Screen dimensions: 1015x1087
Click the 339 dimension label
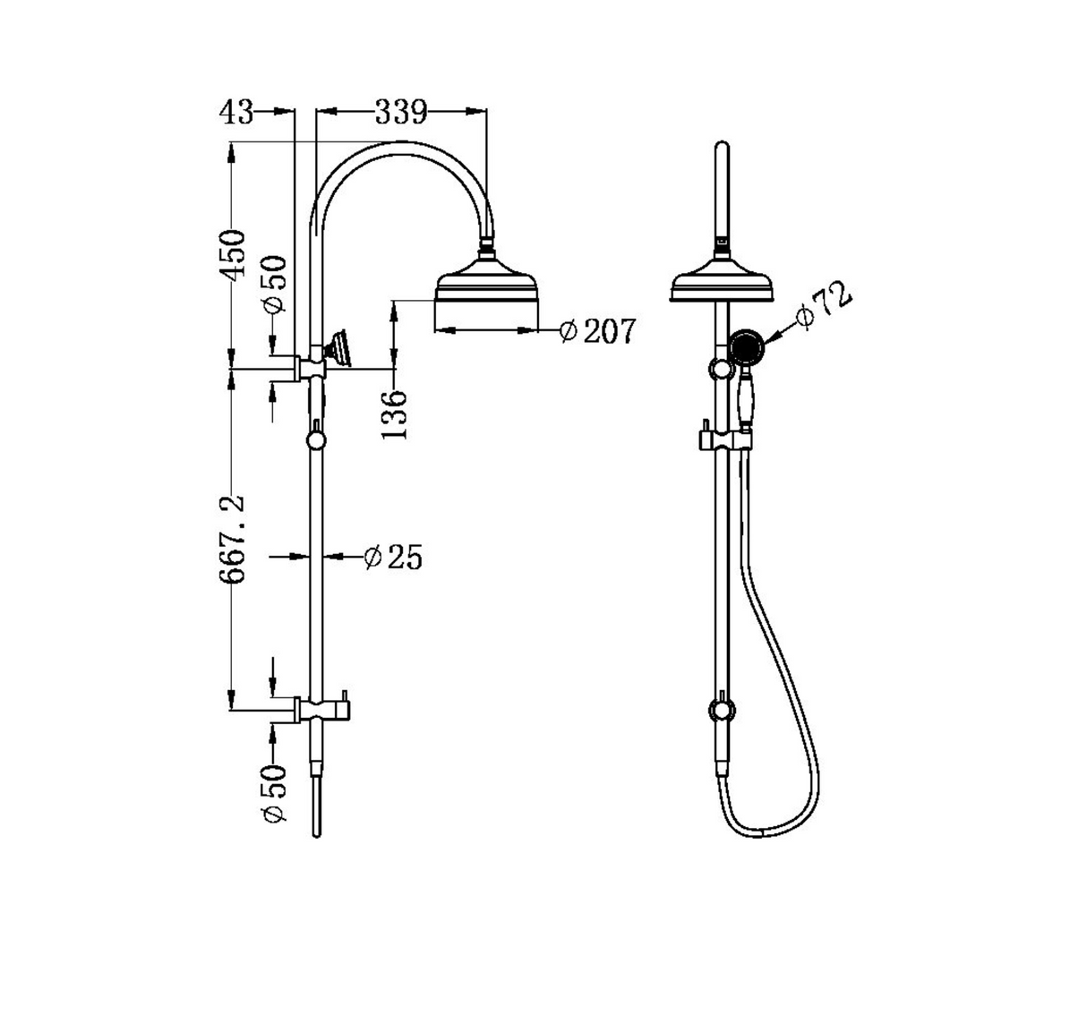[400, 112]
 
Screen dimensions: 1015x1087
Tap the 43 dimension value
[236, 112]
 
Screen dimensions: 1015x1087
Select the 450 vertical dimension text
[234, 255]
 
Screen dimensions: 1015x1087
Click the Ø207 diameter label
[596, 331]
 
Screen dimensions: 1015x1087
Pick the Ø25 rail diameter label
[393, 558]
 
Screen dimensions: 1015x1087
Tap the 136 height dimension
[395, 414]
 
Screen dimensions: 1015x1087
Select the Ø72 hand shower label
[825, 307]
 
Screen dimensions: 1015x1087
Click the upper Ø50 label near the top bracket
[276, 284]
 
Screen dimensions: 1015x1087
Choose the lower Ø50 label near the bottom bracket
[274, 793]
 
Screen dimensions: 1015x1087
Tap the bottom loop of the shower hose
[761, 832]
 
